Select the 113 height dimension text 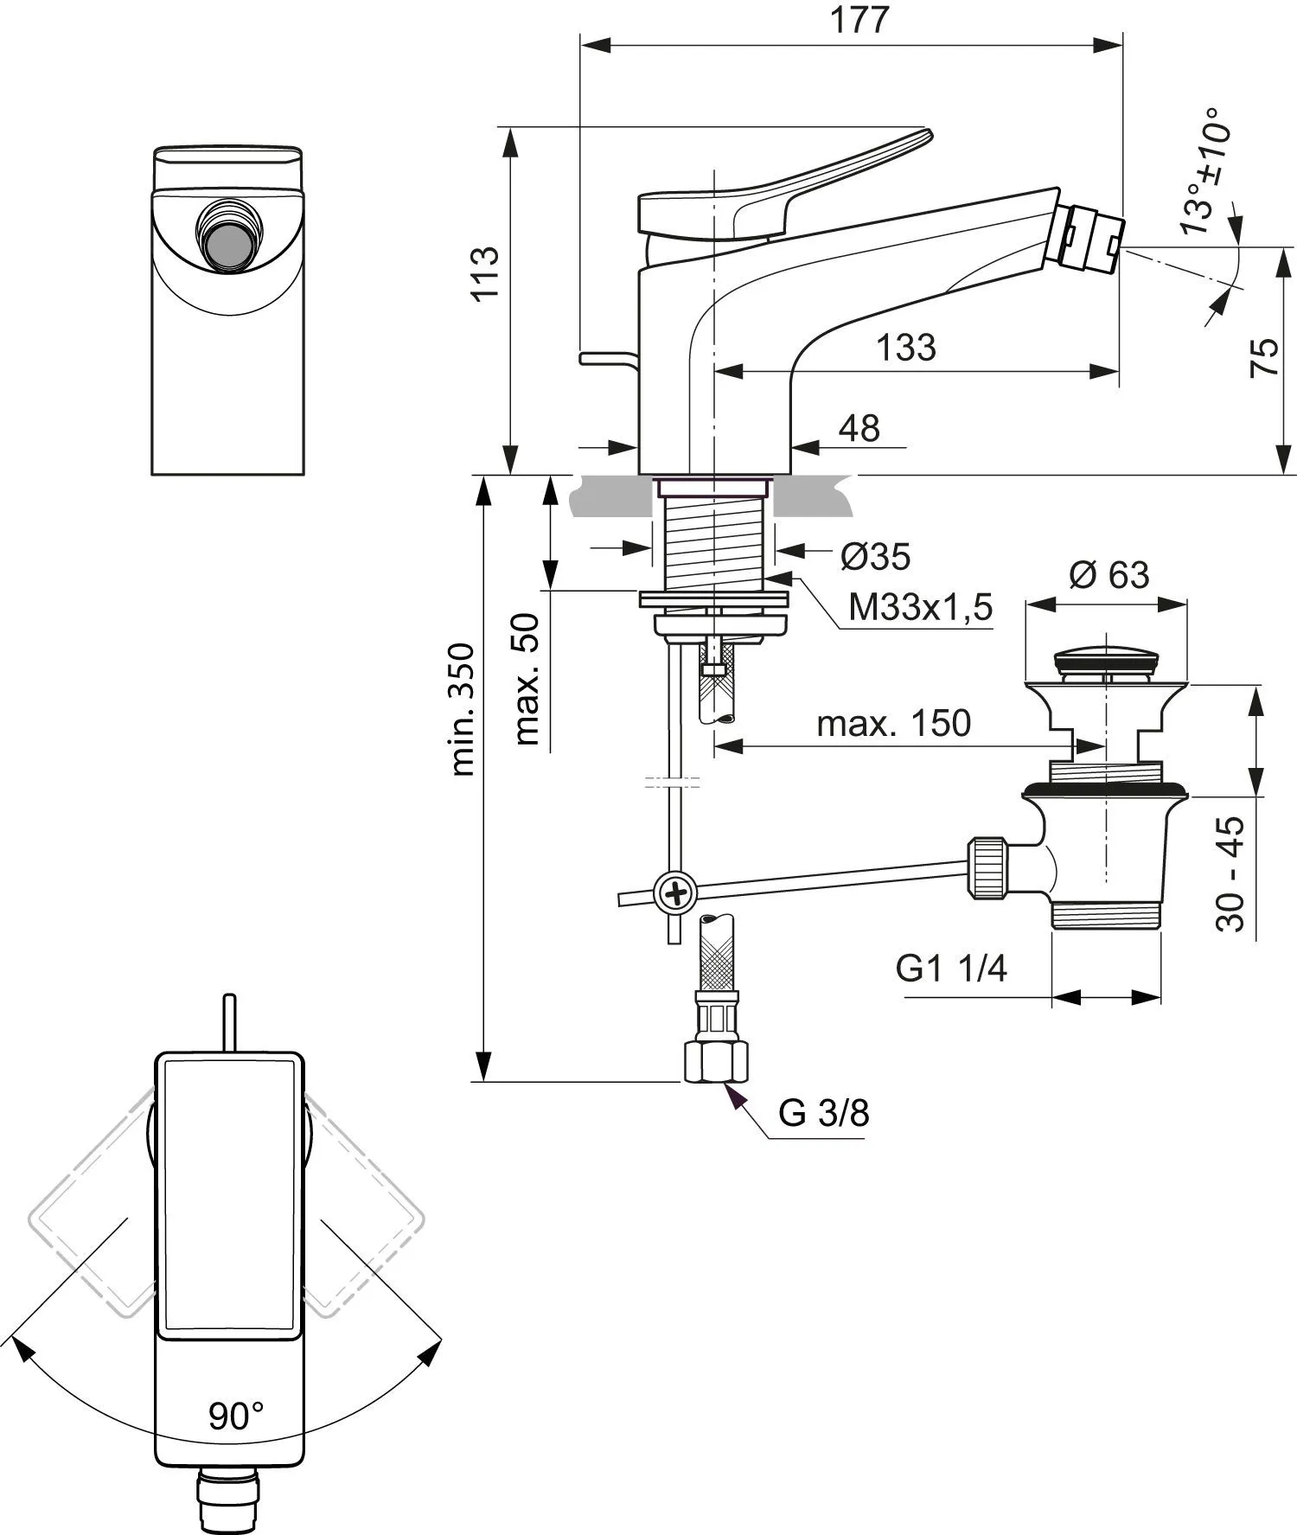[486, 273]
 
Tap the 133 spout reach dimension [906, 348]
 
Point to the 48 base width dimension [859, 428]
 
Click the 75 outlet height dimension [1265, 357]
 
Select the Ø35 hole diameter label [876, 557]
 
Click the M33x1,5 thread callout [921, 608]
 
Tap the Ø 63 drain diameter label [1109, 574]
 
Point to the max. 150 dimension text [894, 723]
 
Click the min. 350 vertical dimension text [462, 709]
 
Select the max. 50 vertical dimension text [526, 679]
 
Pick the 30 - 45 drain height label [1230, 873]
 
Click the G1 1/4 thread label [951, 969]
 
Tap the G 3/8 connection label [824, 1113]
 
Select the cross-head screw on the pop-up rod [675, 891]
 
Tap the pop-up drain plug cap [1105, 659]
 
